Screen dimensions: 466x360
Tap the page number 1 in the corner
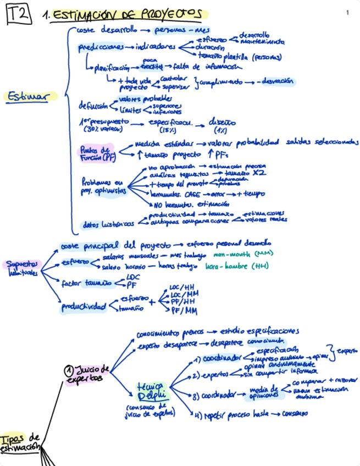coord(348,12)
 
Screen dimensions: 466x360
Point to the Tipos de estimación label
coord(20,442)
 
